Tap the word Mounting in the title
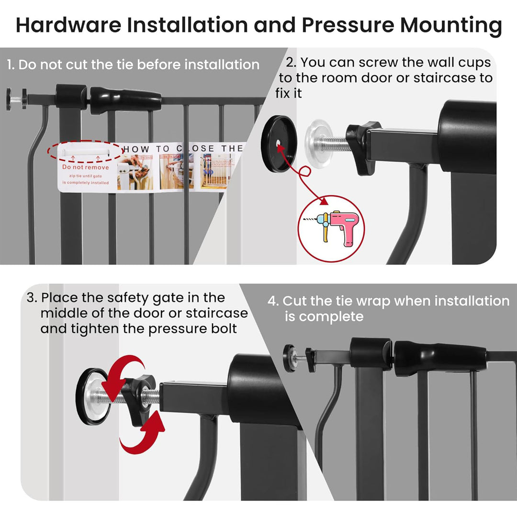(x=451, y=25)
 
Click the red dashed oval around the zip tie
(x=83, y=151)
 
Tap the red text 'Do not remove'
(x=86, y=168)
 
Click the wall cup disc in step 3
(x=92, y=397)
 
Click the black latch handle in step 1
(x=125, y=100)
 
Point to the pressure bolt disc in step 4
(x=290, y=356)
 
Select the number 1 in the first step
(x=10, y=65)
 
